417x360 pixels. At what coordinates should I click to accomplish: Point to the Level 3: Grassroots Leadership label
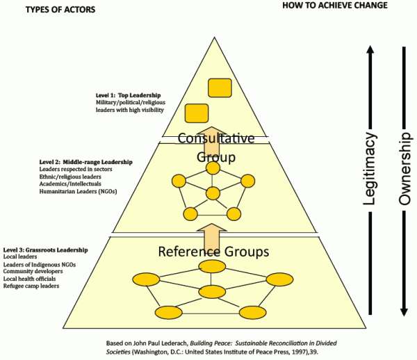click(46, 249)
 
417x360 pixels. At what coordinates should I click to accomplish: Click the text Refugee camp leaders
click(31, 286)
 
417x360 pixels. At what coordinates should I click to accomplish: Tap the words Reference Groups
click(213, 251)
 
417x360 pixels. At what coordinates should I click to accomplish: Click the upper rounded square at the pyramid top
click(220, 88)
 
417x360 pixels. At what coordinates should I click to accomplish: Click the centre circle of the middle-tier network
click(213, 193)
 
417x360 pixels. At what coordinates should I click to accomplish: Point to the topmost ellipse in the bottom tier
click(213, 267)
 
